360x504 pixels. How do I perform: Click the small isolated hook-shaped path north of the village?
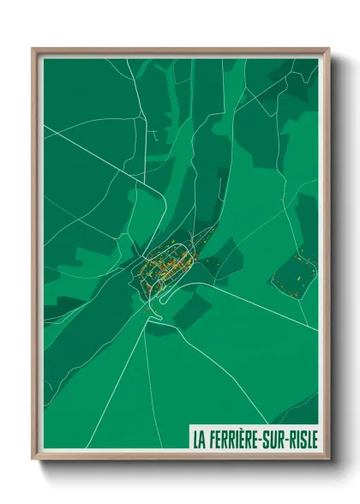pyautogui.click(x=154, y=134)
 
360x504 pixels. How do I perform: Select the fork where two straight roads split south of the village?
pyautogui.click(x=147, y=330)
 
